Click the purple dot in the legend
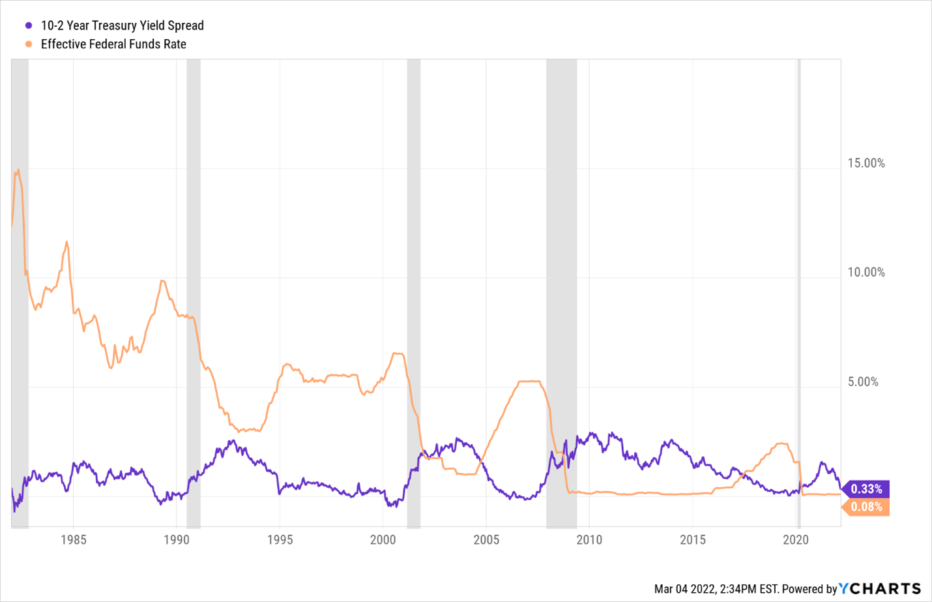29,25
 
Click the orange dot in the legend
29,44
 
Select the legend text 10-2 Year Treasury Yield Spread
122,25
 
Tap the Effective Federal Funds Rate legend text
113,44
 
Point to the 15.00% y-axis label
866,163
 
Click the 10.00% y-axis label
866,273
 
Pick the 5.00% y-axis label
863,382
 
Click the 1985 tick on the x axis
73,539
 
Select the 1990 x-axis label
177,539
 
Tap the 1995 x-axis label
280,539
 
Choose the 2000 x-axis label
383,539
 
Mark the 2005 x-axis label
486,539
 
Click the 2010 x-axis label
589,539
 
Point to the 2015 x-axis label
692,539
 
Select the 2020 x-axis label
795,539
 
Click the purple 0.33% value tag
866,489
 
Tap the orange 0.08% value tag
866,507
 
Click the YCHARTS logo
880,588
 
